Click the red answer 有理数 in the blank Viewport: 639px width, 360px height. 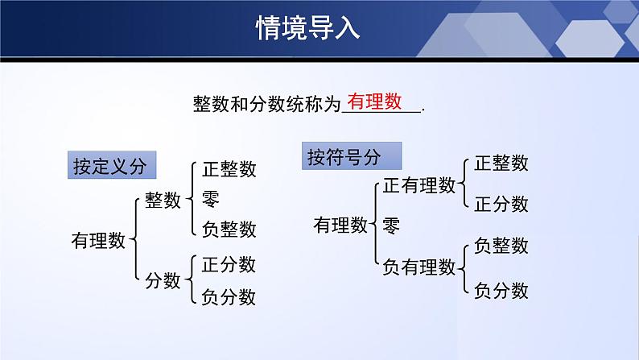pos(374,101)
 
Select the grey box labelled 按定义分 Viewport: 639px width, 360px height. pos(109,166)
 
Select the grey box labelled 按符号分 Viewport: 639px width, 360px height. pos(343,156)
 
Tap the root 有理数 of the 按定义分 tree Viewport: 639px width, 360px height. pos(99,240)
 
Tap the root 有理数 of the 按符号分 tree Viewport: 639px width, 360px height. pos(340,225)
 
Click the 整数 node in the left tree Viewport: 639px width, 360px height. pos(163,201)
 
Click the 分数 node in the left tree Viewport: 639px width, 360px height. pos(163,280)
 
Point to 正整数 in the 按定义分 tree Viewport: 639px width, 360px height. pos(229,169)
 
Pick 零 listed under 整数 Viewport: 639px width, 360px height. pos(211,198)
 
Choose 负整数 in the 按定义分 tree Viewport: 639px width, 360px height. pos(229,229)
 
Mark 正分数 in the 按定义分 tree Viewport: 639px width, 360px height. pos(229,264)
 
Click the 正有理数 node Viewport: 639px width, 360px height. pos(418,186)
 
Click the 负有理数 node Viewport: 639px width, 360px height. pos(418,267)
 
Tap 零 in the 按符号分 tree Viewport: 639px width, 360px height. pos(391,225)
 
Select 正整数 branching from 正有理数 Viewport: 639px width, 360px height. pos(501,163)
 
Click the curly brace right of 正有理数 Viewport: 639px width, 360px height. pos(464,184)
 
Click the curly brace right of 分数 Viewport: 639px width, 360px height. pos(191,279)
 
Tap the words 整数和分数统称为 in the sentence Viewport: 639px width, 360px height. pos(267,104)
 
